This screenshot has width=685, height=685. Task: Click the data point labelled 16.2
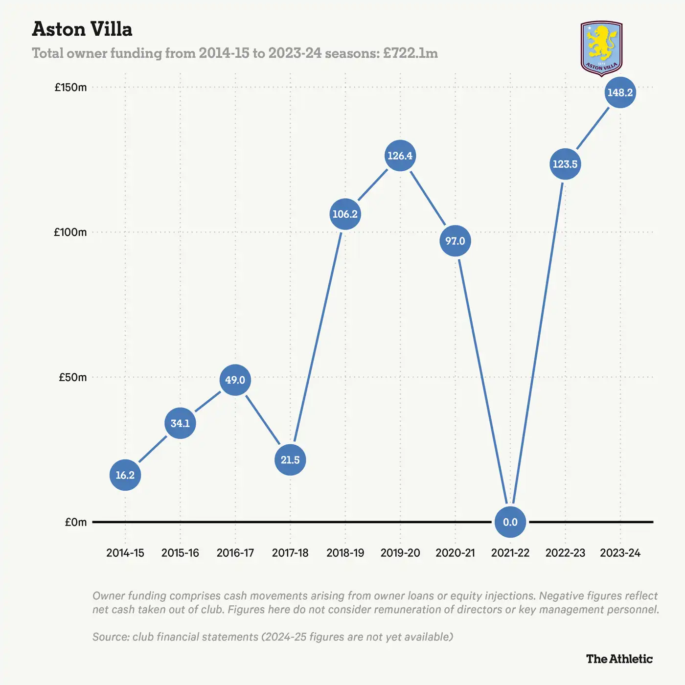[x=125, y=475]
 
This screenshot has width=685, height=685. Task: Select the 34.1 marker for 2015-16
[x=180, y=423]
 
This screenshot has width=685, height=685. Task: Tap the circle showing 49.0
[x=235, y=380]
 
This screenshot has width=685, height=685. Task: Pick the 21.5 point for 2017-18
[x=290, y=460]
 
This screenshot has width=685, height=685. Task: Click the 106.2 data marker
[x=345, y=214]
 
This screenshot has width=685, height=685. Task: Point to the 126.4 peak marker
[x=400, y=156]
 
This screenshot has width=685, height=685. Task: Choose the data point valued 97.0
[x=455, y=241]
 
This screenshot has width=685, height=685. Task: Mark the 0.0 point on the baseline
[x=510, y=522]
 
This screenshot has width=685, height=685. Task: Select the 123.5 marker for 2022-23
[x=565, y=164]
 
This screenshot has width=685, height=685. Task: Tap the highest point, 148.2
[x=620, y=92]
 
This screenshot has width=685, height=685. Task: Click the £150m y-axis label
[x=70, y=88]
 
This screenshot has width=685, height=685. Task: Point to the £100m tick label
[x=70, y=232]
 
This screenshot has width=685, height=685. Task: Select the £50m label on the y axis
[x=72, y=377]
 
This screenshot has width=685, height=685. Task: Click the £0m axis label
[x=75, y=522]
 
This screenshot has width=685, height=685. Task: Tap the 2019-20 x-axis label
[x=400, y=553]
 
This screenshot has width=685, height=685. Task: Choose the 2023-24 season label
[x=620, y=553]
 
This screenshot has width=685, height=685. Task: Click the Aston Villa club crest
[x=601, y=48]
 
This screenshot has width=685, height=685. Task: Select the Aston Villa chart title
[x=82, y=29]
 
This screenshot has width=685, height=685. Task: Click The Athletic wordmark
[x=619, y=659]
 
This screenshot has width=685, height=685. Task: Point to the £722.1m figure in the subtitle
[x=411, y=53]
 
